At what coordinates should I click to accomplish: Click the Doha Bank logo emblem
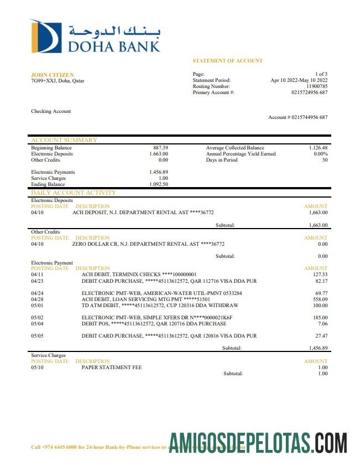pyautogui.click(x=46, y=37)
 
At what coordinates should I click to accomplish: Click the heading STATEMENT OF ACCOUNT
pyautogui.click(x=227, y=61)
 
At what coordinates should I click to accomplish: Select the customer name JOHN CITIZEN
pyautogui.click(x=52, y=75)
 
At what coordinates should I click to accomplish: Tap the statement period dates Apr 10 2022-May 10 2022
pyautogui.click(x=299, y=80)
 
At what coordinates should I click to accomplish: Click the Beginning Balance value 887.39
pyautogui.click(x=160, y=148)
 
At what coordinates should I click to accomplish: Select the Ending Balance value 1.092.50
pyautogui.click(x=158, y=184)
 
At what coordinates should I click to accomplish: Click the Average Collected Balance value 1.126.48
pyautogui.click(x=318, y=148)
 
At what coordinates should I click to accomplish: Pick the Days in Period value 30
pyautogui.click(x=325, y=160)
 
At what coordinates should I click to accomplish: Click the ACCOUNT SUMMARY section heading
pyautogui.click(x=64, y=140)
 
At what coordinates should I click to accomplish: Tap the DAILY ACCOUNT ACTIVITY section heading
pyautogui.click(x=74, y=193)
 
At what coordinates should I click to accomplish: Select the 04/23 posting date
pyautogui.click(x=38, y=281)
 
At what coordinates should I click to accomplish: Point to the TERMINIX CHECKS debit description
pyautogui.click(x=139, y=275)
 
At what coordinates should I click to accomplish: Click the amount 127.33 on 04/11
pyautogui.click(x=320, y=275)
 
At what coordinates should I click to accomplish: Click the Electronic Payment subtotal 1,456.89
pyautogui.click(x=318, y=348)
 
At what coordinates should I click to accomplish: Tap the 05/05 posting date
pyautogui.click(x=38, y=335)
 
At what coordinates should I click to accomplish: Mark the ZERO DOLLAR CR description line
pyautogui.click(x=148, y=244)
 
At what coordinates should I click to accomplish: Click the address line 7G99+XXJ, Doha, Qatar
pyautogui.click(x=58, y=81)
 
